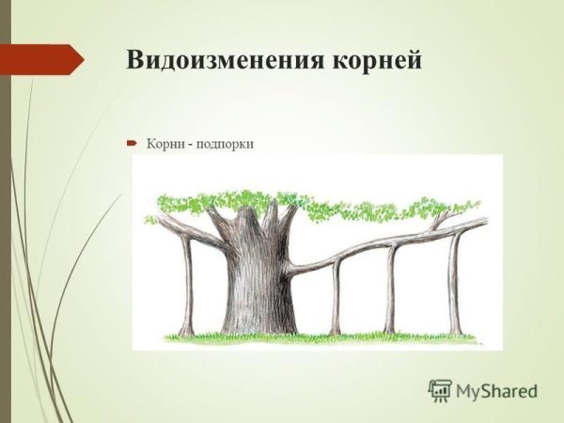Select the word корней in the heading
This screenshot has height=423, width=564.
click(x=376, y=60)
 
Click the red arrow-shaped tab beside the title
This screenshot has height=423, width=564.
click(x=42, y=60)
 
